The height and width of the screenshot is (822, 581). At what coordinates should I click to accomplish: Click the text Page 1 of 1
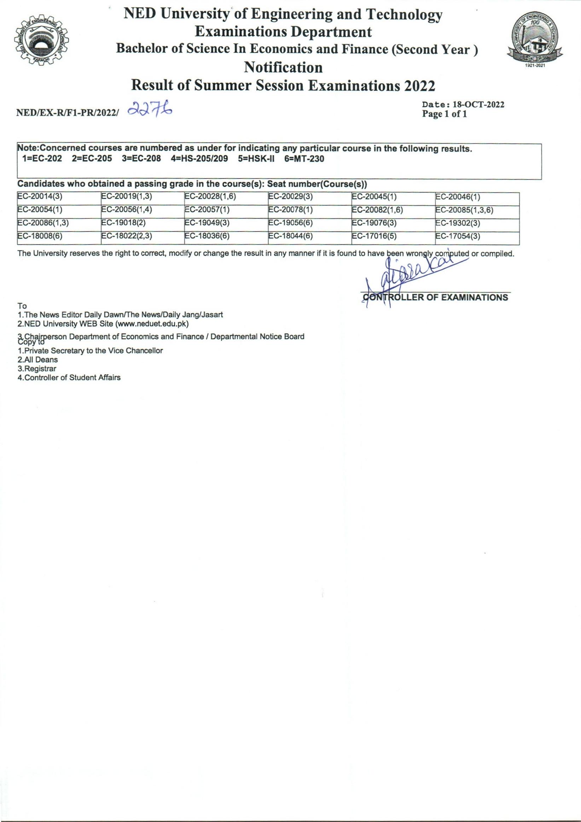pos(445,115)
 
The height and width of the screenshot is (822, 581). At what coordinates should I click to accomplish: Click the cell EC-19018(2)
pos(123,223)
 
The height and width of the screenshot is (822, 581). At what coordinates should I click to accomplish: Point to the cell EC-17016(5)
pos(374,237)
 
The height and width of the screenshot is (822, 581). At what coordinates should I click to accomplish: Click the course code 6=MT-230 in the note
pos(304,159)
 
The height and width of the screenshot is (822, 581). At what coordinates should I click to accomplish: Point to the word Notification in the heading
pos(283,67)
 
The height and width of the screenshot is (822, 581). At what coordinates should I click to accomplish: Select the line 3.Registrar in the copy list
pos(37,368)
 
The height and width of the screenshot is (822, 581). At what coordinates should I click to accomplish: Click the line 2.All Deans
pos(37,359)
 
